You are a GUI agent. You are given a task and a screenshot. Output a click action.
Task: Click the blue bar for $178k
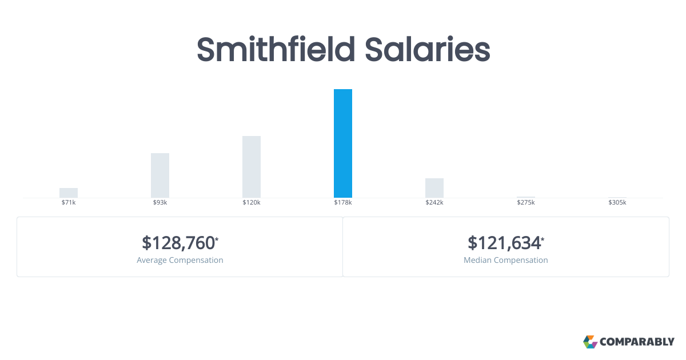pyautogui.click(x=343, y=143)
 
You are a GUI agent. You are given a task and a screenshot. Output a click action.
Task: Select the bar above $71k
pyautogui.click(x=69, y=193)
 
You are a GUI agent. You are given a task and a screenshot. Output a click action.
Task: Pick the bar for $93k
pyautogui.click(x=160, y=175)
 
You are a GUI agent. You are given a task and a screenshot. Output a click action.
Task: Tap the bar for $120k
pyautogui.click(x=252, y=166)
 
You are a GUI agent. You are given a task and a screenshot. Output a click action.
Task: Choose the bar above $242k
pyautogui.click(x=434, y=187)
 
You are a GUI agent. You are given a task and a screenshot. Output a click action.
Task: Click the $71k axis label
pyautogui.click(x=69, y=203)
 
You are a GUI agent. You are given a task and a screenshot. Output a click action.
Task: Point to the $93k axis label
pyautogui.click(x=160, y=203)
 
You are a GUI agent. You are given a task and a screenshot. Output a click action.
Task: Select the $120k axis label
pyautogui.click(x=252, y=203)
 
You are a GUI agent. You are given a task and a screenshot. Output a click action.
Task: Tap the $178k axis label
pyautogui.click(x=343, y=203)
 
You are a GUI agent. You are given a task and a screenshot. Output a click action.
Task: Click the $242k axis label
pyautogui.click(x=434, y=203)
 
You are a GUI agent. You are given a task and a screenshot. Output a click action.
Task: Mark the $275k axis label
pyautogui.click(x=526, y=203)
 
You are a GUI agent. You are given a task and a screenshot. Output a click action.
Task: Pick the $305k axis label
pyautogui.click(x=617, y=203)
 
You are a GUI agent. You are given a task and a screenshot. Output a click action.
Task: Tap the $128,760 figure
pyautogui.click(x=178, y=243)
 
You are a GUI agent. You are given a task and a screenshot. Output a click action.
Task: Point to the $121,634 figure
pyautogui.click(x=504, y=243)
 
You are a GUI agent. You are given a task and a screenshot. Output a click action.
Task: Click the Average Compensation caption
pyautogui.click(x=180, y=260)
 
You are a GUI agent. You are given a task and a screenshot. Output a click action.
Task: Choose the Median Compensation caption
pyautogui.click(x=506, y=260)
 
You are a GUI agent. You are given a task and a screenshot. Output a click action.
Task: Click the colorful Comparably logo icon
pyautogui.click(x=590, y=342)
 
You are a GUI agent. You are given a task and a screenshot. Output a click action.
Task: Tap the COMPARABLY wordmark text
pyautogui.click(x=637, y=342)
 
